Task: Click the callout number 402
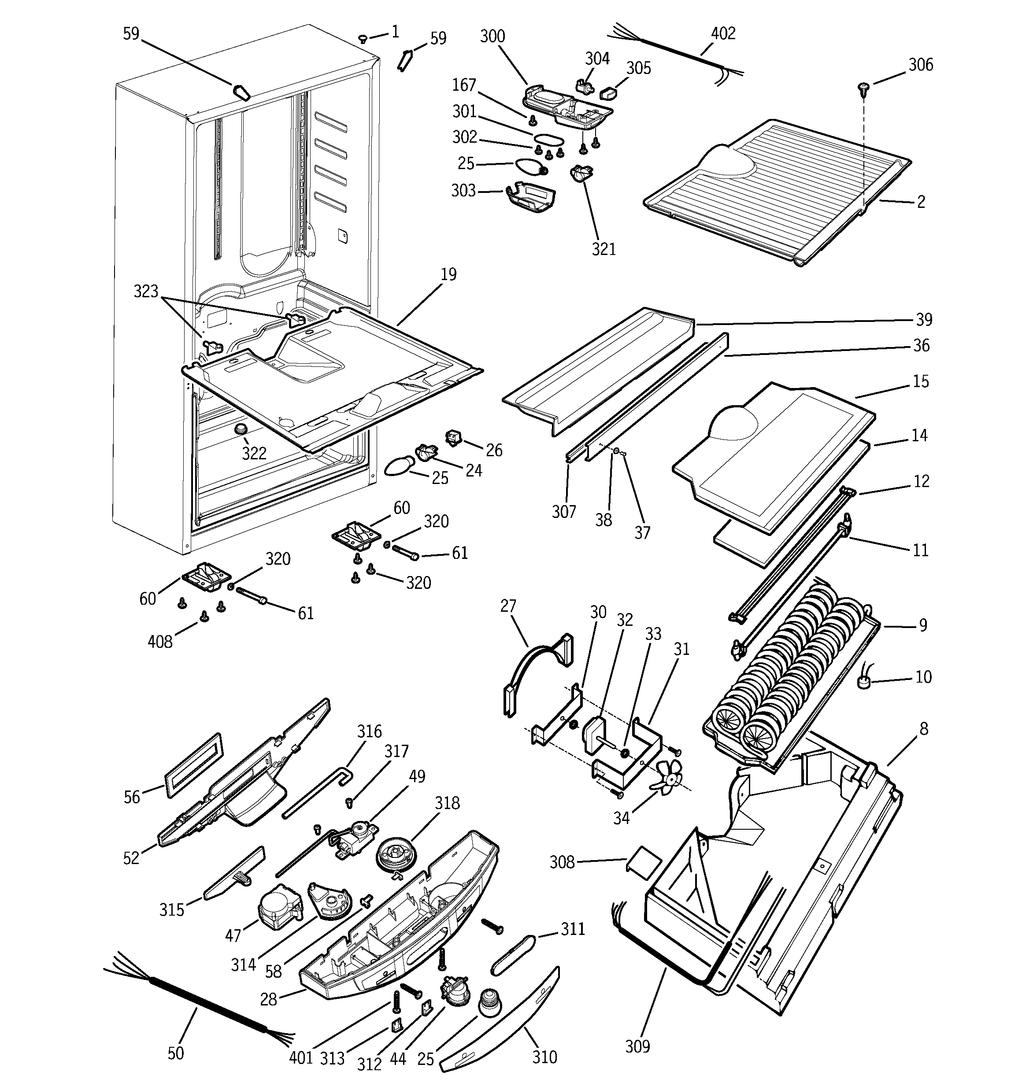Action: (x=722, y=33)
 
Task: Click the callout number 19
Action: (x=448, y=274)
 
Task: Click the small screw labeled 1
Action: (x=363, y=38)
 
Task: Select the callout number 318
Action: (x=447, y=803)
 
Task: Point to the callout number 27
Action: (x=508, y=606)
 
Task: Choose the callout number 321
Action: (x=604, y=249)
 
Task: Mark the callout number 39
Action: (x=923, y=319)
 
